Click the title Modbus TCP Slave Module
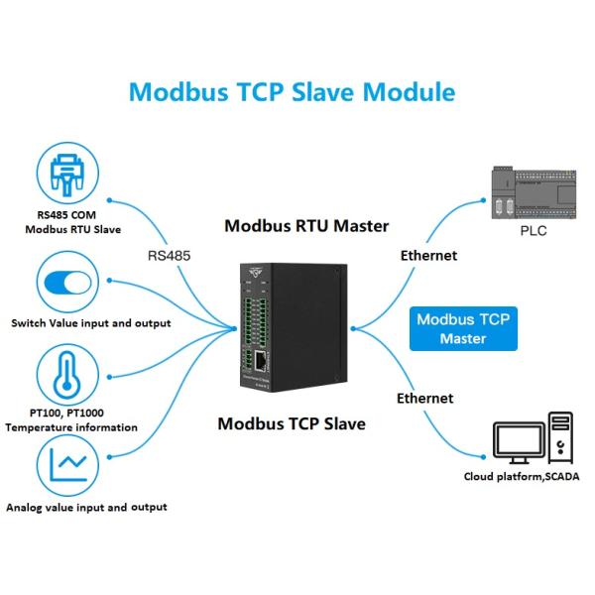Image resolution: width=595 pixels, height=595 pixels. click(293, 92)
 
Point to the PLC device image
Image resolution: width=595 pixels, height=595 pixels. click(533, 192)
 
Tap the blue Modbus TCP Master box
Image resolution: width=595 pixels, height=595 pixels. click(463, 328)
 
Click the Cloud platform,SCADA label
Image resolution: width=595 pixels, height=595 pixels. click(522, 477)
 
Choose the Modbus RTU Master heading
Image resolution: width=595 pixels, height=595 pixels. click(306, 224)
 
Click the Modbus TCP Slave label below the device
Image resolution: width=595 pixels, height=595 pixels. click(292, 423)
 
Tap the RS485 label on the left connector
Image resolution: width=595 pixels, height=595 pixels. click(168, 255)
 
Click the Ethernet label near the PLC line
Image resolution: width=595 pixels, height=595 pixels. click(428, 255)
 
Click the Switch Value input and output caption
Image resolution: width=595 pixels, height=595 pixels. click(91, 323)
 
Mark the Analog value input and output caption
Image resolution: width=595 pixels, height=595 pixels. click(86, 507)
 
